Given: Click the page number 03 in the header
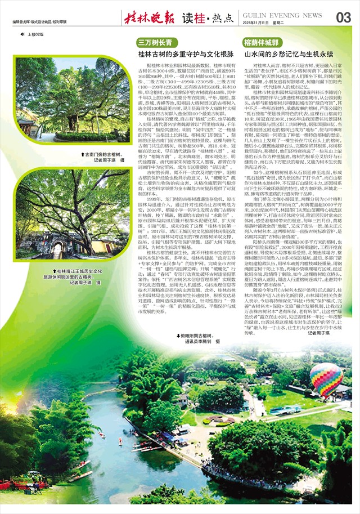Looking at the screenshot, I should point(343,17).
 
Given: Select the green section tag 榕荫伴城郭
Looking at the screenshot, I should point(260,43).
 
